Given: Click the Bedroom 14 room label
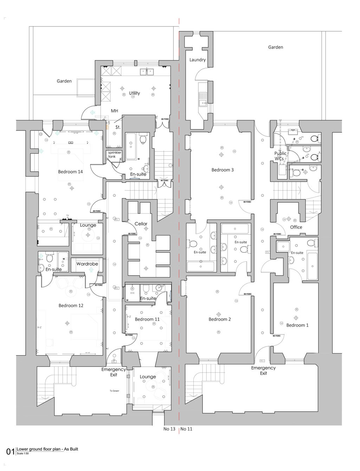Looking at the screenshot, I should point(70,172).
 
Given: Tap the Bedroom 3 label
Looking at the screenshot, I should point(223,170).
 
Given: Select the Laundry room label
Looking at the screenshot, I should point(197,60).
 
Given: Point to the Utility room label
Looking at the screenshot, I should point(134,93).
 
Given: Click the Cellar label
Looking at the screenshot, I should point(141,224).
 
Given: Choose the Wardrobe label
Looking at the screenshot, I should point(87,264).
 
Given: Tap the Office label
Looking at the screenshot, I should point(296,227).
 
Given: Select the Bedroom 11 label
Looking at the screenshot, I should point(147,319).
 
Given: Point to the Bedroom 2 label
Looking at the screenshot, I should point(220,319).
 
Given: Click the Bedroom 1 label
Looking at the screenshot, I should point(297,325).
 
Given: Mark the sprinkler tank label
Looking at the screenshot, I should point(115,154).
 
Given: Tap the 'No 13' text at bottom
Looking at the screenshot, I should point(169,429).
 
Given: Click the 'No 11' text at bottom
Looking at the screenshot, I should point(186,429).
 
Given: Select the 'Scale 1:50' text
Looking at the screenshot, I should point(22,453).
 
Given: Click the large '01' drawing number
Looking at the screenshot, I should point(10,452).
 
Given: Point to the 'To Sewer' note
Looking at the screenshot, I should point(114,391).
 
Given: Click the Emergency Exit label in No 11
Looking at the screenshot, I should point(263,370).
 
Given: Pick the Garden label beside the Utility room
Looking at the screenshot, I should point(64,81).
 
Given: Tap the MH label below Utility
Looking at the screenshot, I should point(114,111).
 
